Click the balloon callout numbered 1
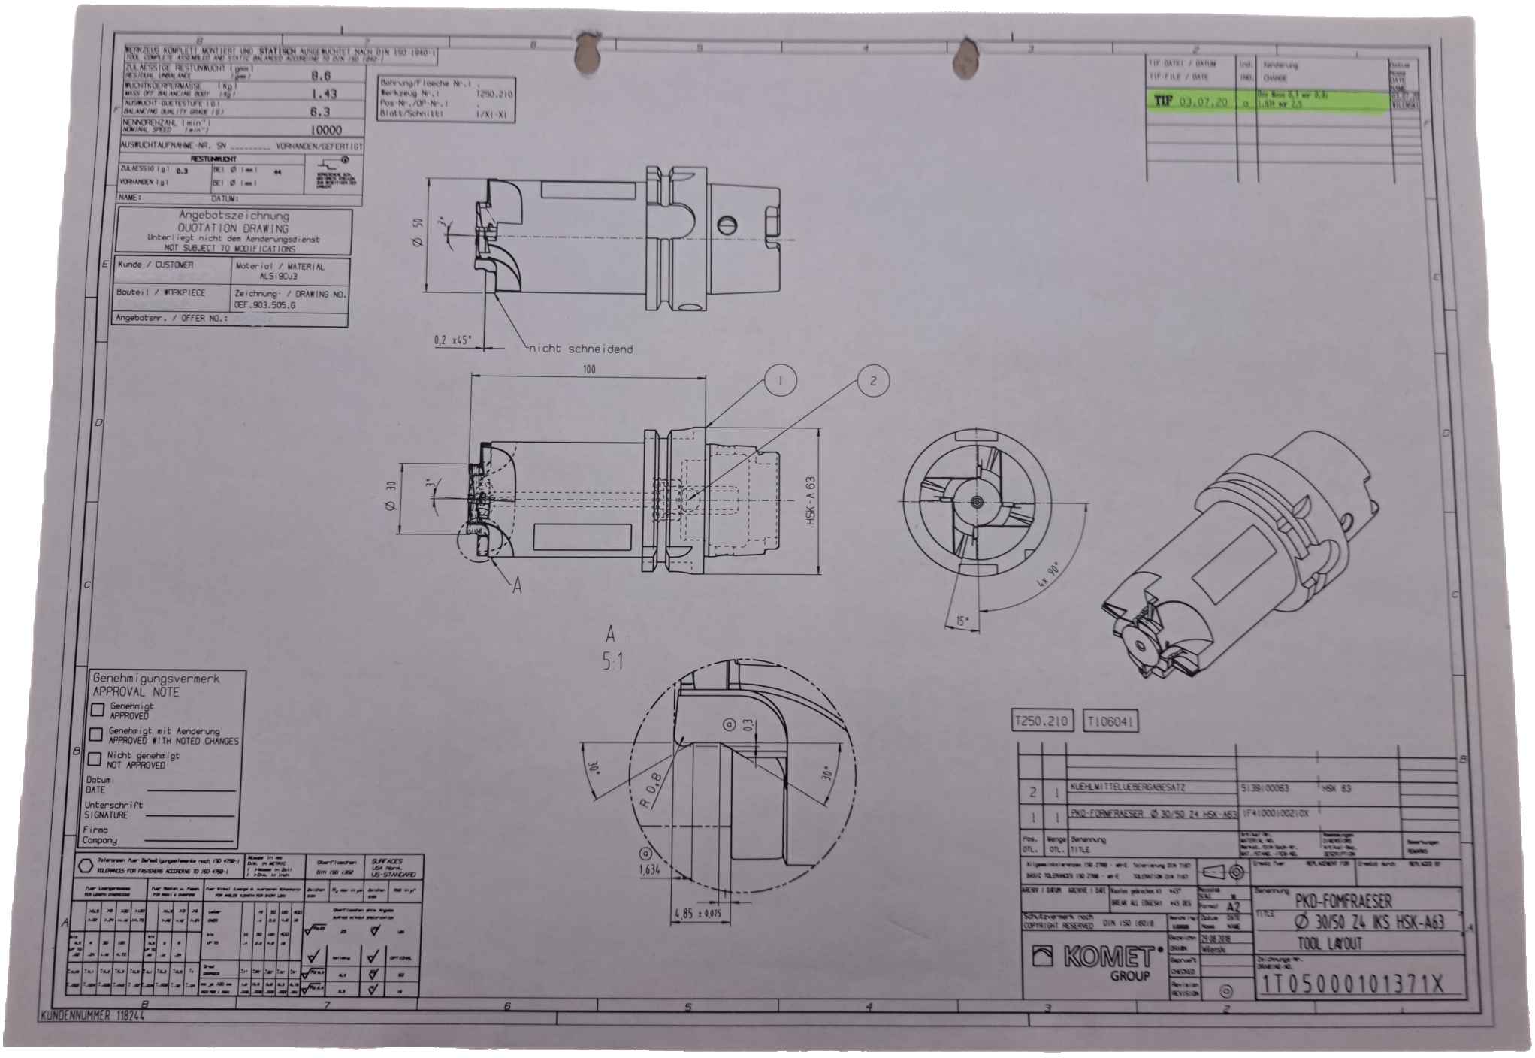[x=781, y=381]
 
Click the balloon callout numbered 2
[x=872, y=381]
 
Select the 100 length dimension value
[x=588, y=369]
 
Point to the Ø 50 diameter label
[x=419, y=233]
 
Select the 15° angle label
[x=962, y=621]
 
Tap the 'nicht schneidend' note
[x=580, y=349]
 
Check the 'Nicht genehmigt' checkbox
[x=96, y=758]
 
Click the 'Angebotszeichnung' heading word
[x=233, y=216]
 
